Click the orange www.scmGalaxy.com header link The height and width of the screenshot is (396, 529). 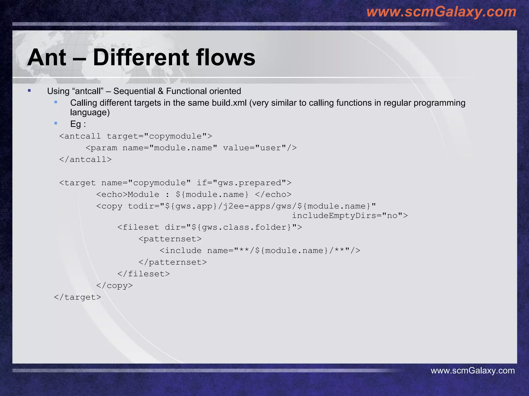(441, 12)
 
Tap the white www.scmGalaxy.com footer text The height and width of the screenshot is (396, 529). (472, 370)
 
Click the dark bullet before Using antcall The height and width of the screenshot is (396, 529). (29, 90)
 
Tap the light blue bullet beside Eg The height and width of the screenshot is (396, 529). (56, 123)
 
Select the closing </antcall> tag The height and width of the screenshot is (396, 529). (85, 159)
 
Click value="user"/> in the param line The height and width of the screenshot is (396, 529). (260, 148)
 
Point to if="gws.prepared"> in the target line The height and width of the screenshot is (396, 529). (244, 183)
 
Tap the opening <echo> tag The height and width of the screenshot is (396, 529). (112, 194)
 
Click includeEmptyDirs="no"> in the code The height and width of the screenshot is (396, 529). (350, 216)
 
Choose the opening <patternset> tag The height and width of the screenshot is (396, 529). (170, 239)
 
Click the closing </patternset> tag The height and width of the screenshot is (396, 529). (173, 262)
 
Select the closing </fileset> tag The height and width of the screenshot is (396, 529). (144, 274)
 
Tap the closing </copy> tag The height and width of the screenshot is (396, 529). (114, 285)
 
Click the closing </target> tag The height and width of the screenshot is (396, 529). (77, 297)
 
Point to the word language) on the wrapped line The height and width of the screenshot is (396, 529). (90, 112)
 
